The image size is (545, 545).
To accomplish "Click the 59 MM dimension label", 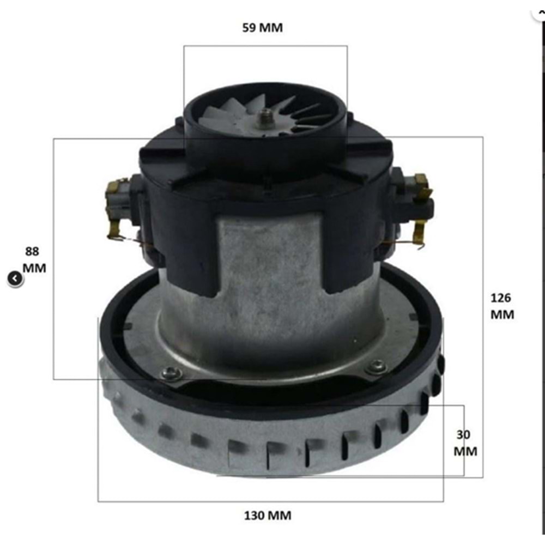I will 263,28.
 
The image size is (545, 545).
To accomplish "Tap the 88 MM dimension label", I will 34,260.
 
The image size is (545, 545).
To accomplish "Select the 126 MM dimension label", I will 501,306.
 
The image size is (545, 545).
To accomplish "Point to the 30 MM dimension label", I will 464,443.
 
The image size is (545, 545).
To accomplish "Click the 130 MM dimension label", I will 267,515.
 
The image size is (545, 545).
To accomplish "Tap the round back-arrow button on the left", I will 15,279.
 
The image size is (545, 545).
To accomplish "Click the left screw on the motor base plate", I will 172,373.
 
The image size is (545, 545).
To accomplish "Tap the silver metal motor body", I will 272,305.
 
